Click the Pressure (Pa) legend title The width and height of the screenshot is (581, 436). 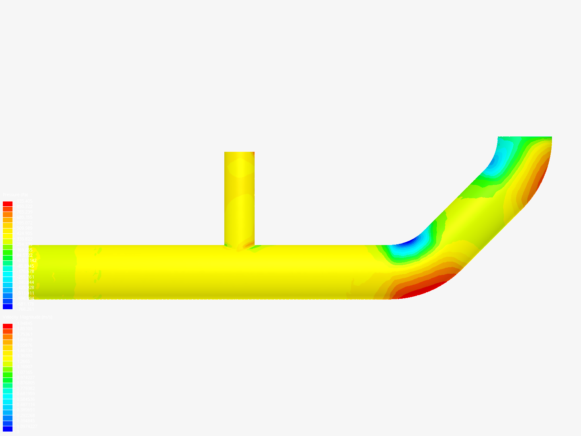pyautogui.click(x=15, y=195)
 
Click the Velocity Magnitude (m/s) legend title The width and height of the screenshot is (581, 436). pyautogui.click(x=28, y=317)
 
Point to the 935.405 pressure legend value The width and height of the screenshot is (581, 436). pyautogui.click(x=24, y=201)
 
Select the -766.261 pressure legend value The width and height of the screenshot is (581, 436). pyautogui.click(x=24, y=309)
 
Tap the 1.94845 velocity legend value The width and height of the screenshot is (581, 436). pyautogui.click(x=25, y=323)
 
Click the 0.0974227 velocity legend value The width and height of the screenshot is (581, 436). pyautogui.click(x=27, y=426)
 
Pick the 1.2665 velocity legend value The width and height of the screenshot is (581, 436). pyautogui.click(x=23, y=361)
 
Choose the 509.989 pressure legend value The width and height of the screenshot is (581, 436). pyautogui.click(x=24, y=228)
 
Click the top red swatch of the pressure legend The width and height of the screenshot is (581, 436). pyautogui.click(x=8, y=204)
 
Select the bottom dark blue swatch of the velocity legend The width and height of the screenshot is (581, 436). pyautogui.click(x=8, y=429)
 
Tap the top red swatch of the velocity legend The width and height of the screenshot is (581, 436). pyautogui.click(x=8, y=326)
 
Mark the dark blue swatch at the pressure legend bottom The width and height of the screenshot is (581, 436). pyautogui.click(x=8, y=306)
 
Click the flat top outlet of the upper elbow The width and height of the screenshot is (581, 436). pyautogui.click(x=525, y=138)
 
